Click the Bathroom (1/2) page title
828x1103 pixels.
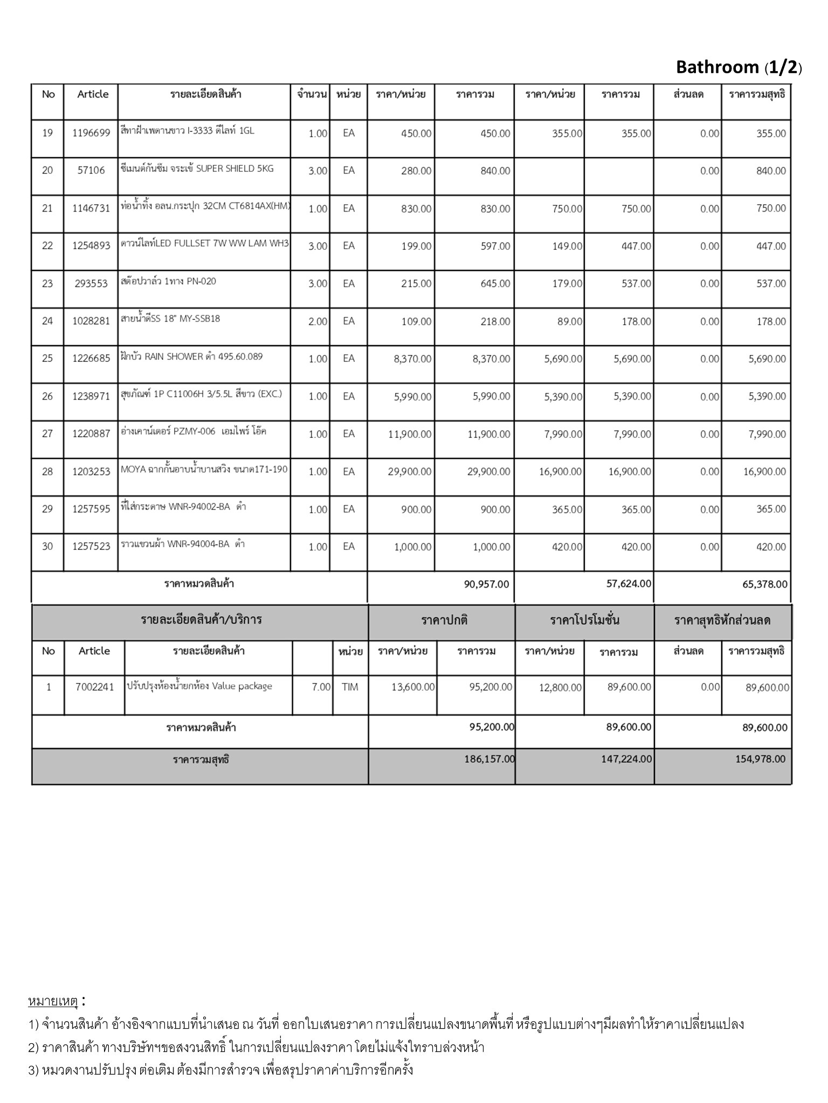739,67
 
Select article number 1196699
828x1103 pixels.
91,133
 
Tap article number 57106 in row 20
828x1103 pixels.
91,171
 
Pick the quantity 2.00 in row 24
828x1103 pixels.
318,322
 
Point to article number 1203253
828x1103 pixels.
91,472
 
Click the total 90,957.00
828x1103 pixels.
486,584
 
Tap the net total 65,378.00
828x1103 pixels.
764,584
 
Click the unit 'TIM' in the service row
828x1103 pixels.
350,687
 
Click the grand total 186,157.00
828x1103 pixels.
489,759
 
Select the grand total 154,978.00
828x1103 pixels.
760,759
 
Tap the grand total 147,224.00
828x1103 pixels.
626,759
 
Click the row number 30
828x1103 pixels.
47,547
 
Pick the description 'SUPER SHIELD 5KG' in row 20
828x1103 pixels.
234,169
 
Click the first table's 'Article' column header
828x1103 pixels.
93,94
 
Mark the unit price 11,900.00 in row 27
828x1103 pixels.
410,435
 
